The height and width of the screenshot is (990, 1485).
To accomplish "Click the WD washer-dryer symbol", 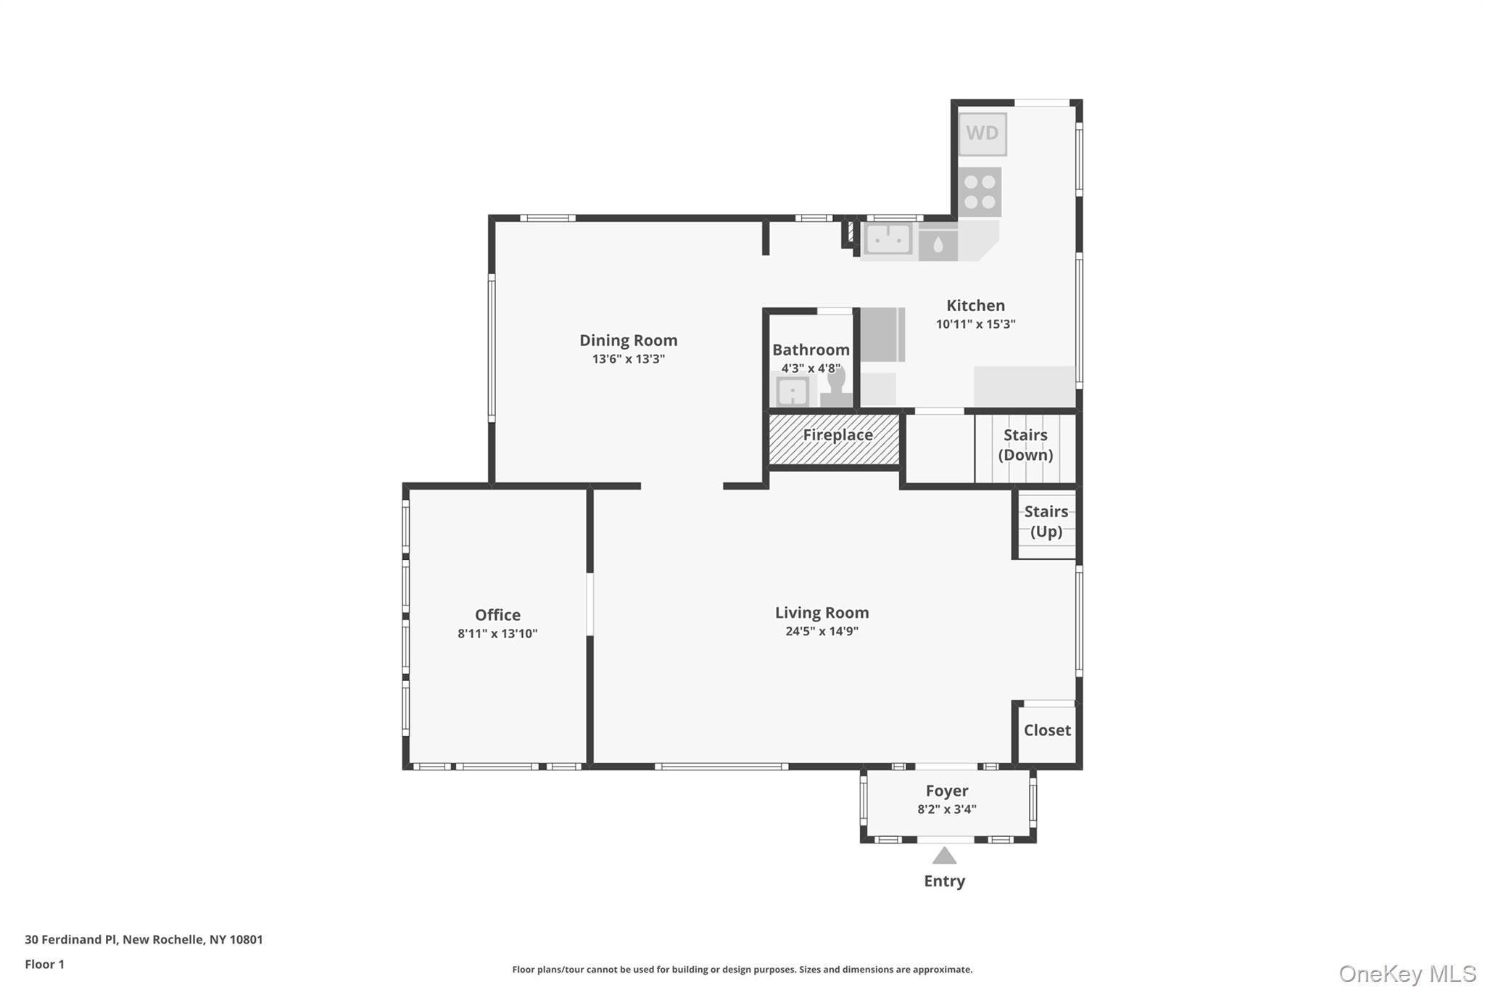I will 982,133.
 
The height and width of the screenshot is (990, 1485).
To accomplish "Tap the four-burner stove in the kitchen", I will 980,192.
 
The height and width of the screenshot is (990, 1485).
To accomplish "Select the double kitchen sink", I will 888,239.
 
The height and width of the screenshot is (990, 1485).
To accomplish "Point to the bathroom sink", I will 793,392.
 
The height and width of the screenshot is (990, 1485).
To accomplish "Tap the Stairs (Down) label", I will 1025,445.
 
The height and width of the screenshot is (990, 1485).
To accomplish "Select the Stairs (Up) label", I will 1046,521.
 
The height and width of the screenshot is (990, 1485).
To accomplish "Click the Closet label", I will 1046,730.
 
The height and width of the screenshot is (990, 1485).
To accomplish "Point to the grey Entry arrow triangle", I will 944,857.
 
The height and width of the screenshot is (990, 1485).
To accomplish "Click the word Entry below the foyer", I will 944,881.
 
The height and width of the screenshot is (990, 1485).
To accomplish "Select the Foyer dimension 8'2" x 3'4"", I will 946,809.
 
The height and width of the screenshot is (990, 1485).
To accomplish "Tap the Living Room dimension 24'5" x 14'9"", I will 822,631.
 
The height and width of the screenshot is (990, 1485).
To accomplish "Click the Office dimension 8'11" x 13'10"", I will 497,633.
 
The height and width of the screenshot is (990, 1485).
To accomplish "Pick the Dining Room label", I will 628,340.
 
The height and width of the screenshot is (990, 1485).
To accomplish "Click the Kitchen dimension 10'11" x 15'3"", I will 975,324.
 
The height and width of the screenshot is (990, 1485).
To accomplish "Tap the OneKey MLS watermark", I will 1407,973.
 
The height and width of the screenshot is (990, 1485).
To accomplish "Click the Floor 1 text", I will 44,964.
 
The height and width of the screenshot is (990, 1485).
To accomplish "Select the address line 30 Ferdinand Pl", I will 144,939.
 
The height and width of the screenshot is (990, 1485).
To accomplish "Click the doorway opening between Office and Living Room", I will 590,604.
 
